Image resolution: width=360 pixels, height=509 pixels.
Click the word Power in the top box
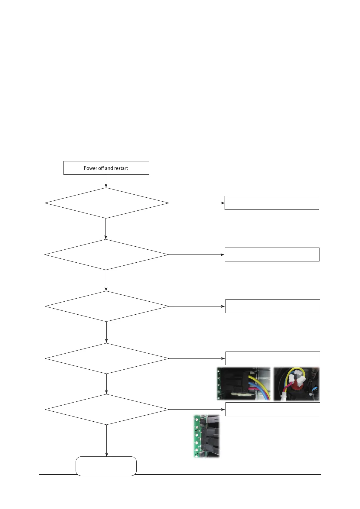point(90,168)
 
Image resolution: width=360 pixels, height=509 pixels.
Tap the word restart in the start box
point(121,168)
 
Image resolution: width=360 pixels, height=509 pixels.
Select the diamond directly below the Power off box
point(106,203)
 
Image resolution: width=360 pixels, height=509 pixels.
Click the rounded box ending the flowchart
point(106,466)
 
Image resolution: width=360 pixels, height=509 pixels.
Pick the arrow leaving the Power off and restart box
point(106,181)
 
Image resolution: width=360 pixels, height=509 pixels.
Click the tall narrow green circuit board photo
point(206,436)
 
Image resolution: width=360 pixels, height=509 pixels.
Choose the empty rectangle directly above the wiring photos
point(273,358)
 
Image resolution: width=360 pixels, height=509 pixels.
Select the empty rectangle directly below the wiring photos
point(273,409)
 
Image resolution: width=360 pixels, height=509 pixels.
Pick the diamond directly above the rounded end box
point(107,410)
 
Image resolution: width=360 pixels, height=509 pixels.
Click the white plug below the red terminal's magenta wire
point(284,397)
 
